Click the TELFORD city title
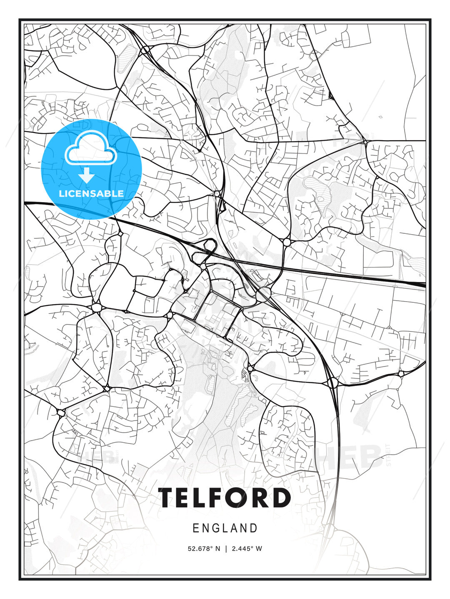coord(225,498)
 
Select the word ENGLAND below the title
coord(225,528)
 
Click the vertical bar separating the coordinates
coord(226,549)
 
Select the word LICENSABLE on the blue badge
coord(91,193)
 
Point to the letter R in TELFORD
coord(261,498)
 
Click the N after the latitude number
coord(217,549)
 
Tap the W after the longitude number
coord(259,549)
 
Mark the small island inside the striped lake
coord(320,198)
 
